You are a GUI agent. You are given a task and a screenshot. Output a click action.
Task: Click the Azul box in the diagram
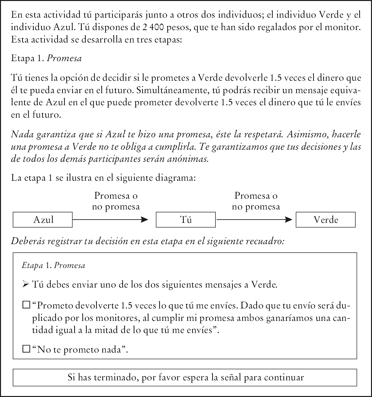[42, 220]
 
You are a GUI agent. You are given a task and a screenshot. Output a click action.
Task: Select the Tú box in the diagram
[186, 220]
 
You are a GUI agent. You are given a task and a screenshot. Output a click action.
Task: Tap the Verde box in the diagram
[326, 220]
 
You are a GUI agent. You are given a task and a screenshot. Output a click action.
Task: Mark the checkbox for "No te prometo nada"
[26, 350]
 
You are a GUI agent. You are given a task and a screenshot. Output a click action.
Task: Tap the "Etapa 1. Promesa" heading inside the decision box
[53, 265]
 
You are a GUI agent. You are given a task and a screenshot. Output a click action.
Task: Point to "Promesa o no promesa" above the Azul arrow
[116, 201]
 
